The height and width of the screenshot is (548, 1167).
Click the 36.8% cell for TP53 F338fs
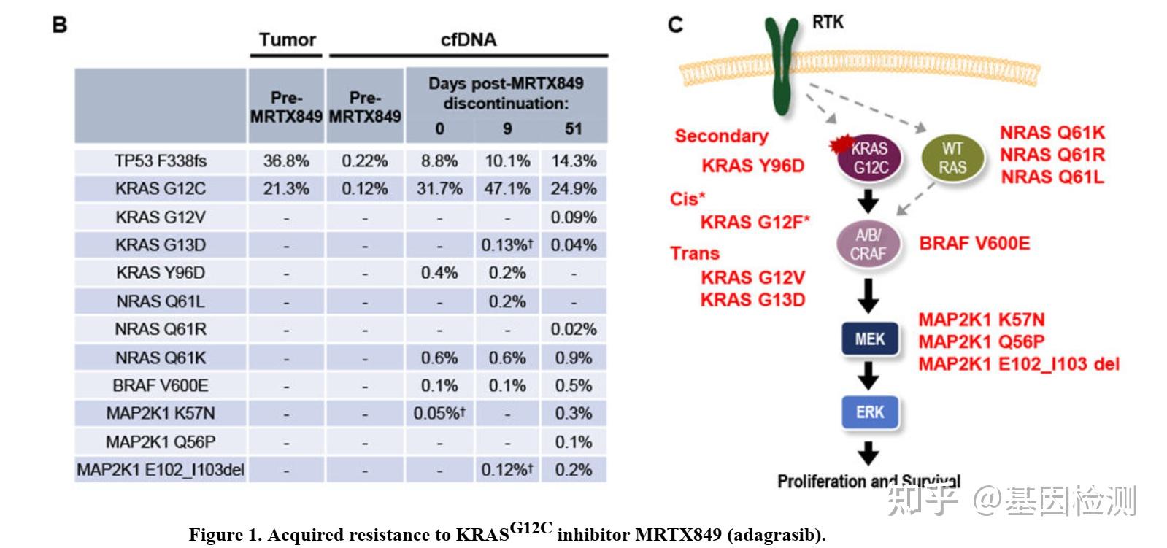point(286,161)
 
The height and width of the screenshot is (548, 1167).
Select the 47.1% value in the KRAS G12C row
point(507,189)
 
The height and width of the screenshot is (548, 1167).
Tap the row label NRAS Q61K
point(161,358)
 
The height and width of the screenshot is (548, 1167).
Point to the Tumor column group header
point(288,40)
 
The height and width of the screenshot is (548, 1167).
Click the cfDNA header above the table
point(469,40)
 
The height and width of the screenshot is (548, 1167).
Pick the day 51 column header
point(574,129)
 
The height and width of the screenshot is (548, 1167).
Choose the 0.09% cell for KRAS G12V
point(574,217)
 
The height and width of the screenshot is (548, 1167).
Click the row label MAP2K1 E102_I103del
point(161,470)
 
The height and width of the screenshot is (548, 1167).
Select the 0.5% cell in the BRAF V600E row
point(574,385)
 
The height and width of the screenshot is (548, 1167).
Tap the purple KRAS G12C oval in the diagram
point(870,158)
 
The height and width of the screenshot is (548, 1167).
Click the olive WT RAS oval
point(952,158)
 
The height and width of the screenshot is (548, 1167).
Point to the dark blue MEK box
point(869,339)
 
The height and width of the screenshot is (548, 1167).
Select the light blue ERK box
point(869,412)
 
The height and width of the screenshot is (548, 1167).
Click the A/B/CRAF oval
point(868,244)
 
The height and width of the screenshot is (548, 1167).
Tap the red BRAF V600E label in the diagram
point(974,244)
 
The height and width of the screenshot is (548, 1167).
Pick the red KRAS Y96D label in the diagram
point(752,166)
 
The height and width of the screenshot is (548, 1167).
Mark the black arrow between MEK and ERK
point(868,376)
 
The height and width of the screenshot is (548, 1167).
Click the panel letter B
point(60,26)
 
